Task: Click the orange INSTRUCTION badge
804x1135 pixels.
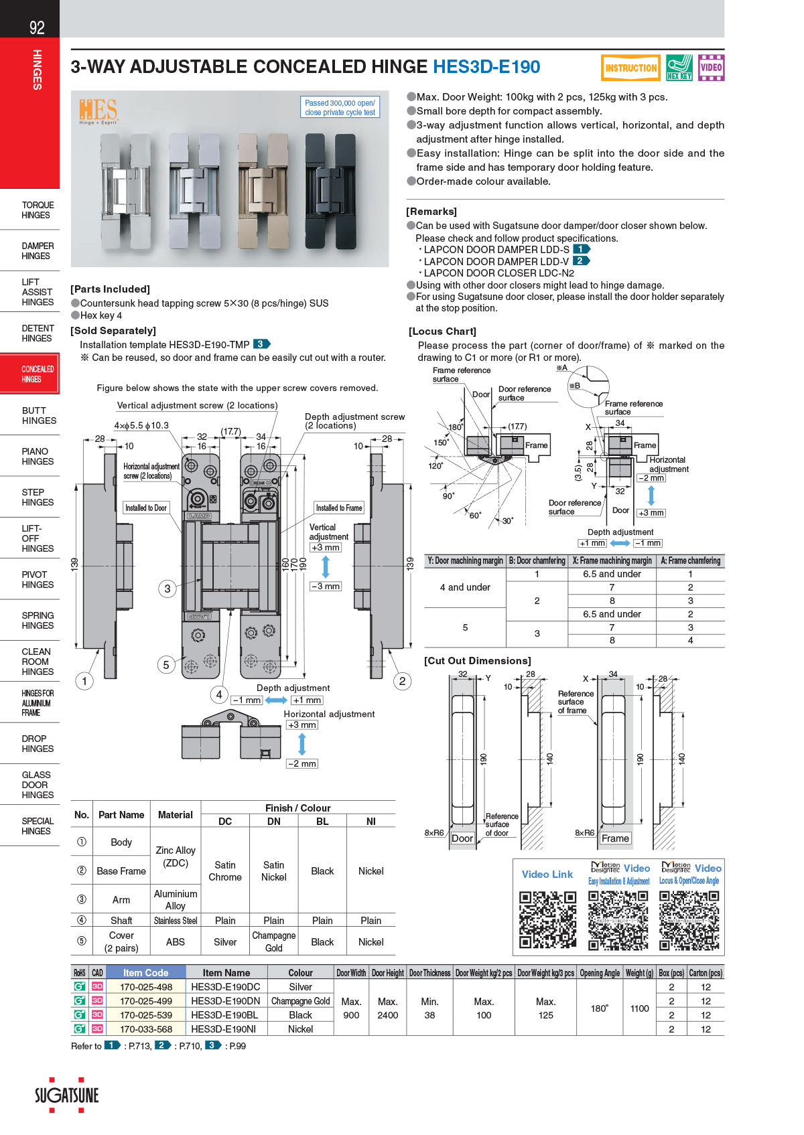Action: click(630, 68)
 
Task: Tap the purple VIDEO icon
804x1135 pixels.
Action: click(711, 68)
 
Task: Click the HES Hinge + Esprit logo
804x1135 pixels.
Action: click(98, 111)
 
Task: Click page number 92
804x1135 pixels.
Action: click(37, 27)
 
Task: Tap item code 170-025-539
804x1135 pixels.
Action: click(146, 1015)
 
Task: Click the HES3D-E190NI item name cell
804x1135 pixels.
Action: click(226, 1029)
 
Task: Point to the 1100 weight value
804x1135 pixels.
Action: click(639, 1008)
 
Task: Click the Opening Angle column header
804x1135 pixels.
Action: click(599, 973)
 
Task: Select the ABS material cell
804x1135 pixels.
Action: click(176, 941)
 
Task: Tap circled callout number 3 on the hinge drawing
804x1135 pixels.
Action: click(167, 589)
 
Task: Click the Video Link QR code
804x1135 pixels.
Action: click(547, 920)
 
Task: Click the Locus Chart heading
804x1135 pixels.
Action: click(442, 331)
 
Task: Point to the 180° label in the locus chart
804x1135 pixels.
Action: click(455, 427)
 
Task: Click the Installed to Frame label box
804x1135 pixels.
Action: click(339, 508)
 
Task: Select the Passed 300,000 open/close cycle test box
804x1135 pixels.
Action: click(340, 108)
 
